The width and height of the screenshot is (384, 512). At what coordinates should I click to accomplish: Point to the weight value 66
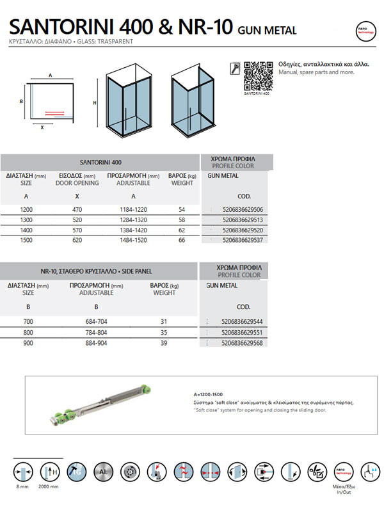(x=182, y=239)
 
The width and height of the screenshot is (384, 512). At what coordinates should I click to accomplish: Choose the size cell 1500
(x=26, y=239)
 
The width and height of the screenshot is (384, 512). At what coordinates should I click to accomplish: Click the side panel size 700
(x=26, y=322)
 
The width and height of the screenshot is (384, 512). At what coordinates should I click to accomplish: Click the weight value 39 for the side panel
(x=164, y=343)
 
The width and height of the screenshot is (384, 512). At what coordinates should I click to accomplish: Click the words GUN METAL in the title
(x=267, y=30)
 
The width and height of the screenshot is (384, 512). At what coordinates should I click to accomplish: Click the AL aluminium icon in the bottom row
(x=104, y=472)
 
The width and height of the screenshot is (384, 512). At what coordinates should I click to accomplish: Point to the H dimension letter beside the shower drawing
(x=94, y=102)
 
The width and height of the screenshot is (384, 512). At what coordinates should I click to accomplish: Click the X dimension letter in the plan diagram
(x=42, y=127)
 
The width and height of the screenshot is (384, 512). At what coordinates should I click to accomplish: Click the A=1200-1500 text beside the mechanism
(x=209, y=395)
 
